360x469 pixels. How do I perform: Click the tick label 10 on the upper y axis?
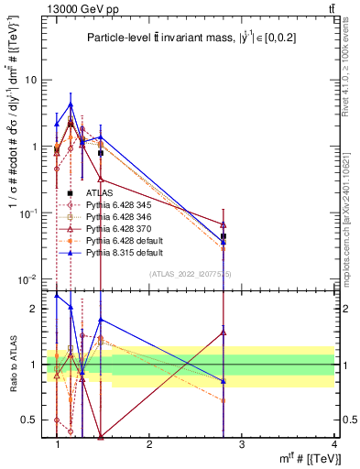coord(31,80)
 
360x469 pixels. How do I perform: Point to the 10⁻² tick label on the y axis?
coord(28,279)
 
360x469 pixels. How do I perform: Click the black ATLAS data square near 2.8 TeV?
coord(224,236)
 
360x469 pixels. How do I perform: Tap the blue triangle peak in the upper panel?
coord(71,104)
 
